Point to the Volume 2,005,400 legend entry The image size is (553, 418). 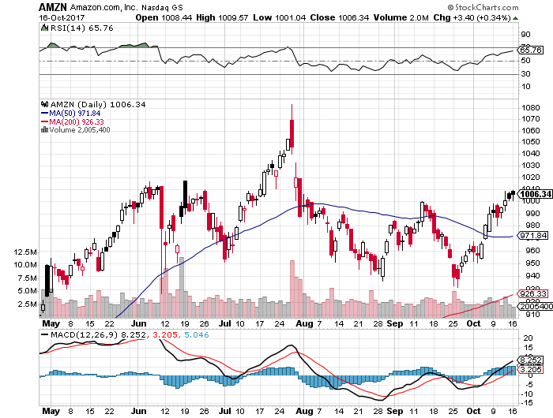point(79,130)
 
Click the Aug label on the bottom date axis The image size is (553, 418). point(303,323)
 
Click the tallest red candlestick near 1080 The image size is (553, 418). point(292,132)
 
